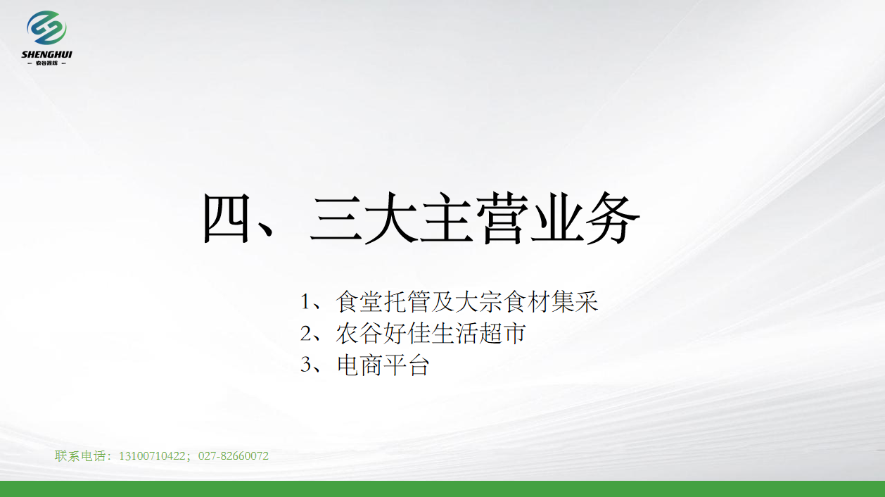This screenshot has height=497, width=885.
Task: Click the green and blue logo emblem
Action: coord(46,27)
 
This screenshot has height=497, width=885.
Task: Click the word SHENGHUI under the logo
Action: coord(46,54)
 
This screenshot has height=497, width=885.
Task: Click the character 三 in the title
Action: coord(336,219)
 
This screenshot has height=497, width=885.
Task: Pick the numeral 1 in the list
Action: coord(305,302)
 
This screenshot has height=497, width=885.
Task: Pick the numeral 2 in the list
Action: coord(305,333)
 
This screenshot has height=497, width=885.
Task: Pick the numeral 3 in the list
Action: coord(305,365)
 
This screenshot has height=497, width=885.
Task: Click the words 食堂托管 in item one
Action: coord(383,302)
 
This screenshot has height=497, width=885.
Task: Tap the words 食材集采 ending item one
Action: coord(551,302)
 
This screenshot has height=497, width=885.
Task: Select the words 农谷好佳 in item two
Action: coord(383,333)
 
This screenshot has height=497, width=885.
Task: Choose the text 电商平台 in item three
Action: coord(383,365)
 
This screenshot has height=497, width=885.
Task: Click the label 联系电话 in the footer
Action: coord(80,456)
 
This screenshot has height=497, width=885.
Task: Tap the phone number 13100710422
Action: coord(152,456)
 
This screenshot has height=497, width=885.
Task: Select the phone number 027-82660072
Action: coord(234,456)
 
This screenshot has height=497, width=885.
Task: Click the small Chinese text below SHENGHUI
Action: coord(46,63)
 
